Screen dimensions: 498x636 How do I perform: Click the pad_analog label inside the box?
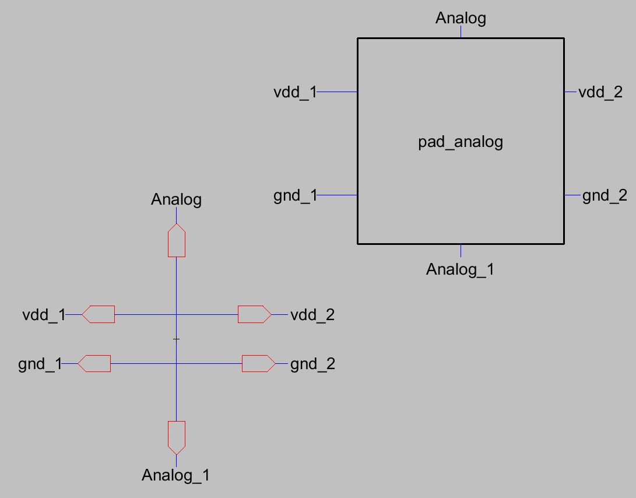[x=461, y=142]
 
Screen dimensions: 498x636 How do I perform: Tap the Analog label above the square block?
[x=461, y=19]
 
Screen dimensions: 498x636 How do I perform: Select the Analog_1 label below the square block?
[x=460, y=270]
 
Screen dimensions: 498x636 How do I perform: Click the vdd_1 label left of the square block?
[x=295, y=92]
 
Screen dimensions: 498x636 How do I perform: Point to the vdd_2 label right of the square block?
[x=600, y=92]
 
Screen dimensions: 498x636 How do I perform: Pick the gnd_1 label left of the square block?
[x=295, y=195]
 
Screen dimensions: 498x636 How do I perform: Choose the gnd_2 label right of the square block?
[x=605, y=195]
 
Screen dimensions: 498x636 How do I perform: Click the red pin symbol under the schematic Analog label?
[x=177, y=240]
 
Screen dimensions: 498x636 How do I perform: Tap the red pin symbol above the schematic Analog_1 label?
[x=177, y=437]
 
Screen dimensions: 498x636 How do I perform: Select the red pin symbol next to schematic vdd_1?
[x=98, y=315]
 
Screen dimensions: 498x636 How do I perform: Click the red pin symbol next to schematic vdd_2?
[x=254, y=315]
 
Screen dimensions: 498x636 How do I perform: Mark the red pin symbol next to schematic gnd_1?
[x=94, y=364]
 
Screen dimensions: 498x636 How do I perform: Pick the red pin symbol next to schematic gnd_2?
[x=258, y=364]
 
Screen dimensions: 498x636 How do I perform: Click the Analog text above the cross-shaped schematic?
[x=176, y=200]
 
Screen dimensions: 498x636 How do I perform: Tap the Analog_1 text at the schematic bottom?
[x=175, y=476]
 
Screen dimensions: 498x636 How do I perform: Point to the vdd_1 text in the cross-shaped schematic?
[x=44, y=315]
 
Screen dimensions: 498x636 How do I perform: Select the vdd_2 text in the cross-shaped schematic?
[x=312, y=315]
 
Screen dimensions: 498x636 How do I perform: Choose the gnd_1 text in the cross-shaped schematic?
[x=40, y=364]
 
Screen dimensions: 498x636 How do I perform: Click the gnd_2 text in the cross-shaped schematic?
[x=312, y=364]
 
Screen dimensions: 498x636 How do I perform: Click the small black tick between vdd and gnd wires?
[x=176, y=339]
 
